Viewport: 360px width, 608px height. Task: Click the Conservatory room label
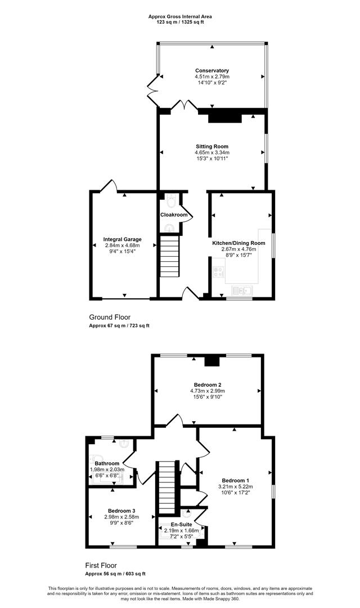212,70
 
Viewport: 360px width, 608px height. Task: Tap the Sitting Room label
212,146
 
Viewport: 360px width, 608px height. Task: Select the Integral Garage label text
122,239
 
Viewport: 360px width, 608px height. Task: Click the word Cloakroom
174,215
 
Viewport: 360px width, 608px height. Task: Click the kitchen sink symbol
244,290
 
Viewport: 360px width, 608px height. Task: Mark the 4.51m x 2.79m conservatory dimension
212,77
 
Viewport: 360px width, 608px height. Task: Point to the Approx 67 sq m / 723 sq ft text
119,326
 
